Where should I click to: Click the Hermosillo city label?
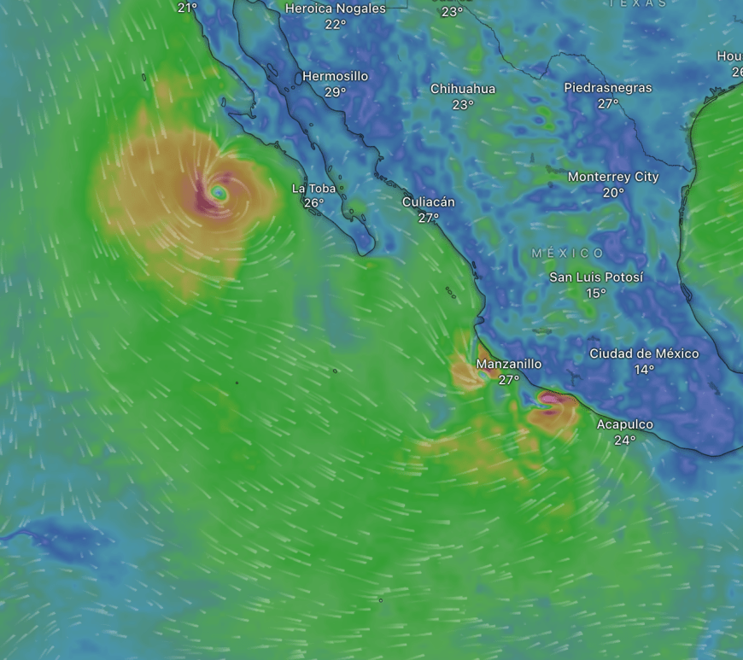[335, 76]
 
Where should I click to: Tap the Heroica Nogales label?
[335, 9]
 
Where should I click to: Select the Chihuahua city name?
[462, 89]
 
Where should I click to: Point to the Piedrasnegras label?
[607, 87]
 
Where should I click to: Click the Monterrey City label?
[613, 177]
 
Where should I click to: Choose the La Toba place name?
[313, 189]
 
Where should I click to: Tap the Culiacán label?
[429, 202]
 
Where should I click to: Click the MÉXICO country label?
[568, 254]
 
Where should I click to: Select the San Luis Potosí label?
[596, 277]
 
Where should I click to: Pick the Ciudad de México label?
[644, 353]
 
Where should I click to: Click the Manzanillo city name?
[509, 364]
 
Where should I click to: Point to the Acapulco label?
[624, 424]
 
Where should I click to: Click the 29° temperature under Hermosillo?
[335, 92]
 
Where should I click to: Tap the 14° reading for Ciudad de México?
[644, 370]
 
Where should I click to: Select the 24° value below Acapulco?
[624, 441]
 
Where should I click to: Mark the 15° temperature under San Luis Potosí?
[596, 294]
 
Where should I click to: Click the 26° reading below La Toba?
[313, 203]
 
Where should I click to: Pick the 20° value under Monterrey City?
[613, 193]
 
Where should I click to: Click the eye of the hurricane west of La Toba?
[219, 193]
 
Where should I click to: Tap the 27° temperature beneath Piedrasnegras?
[607, 103]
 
